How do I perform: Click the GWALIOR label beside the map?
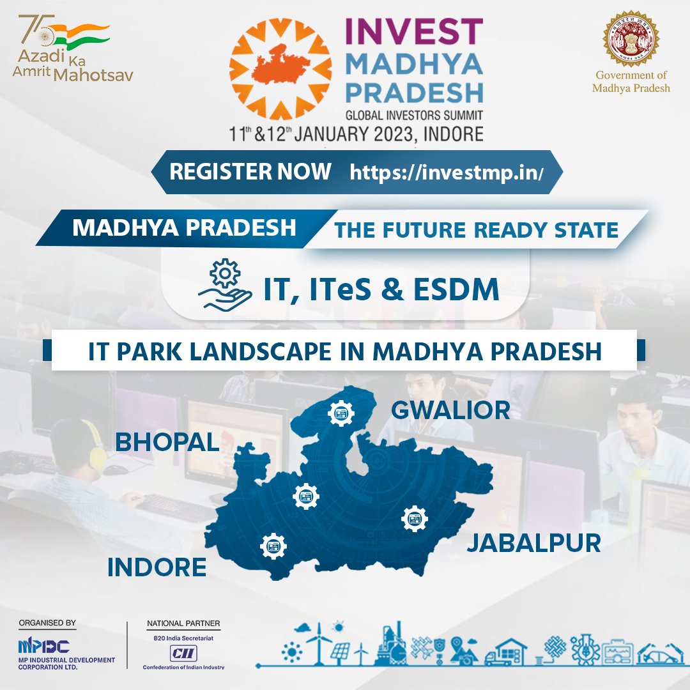(x=450, y=410)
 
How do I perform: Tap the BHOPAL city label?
(x=167, y=441)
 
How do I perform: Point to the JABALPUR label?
(x=533, y=543)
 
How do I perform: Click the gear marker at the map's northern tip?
(x=340, y=414)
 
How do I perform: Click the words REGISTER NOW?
(x=250, y=171)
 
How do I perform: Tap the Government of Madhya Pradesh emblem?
(x=631, y=38)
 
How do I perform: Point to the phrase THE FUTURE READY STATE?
(x=477, y=231)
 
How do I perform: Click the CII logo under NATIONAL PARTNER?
(x=183, y=652)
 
